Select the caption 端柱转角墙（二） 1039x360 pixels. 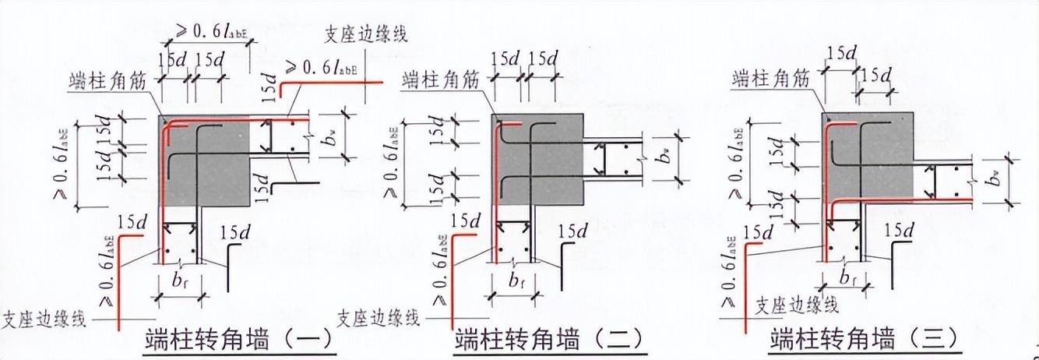[550, 340]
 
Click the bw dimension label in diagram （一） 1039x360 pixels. [332, 140]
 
